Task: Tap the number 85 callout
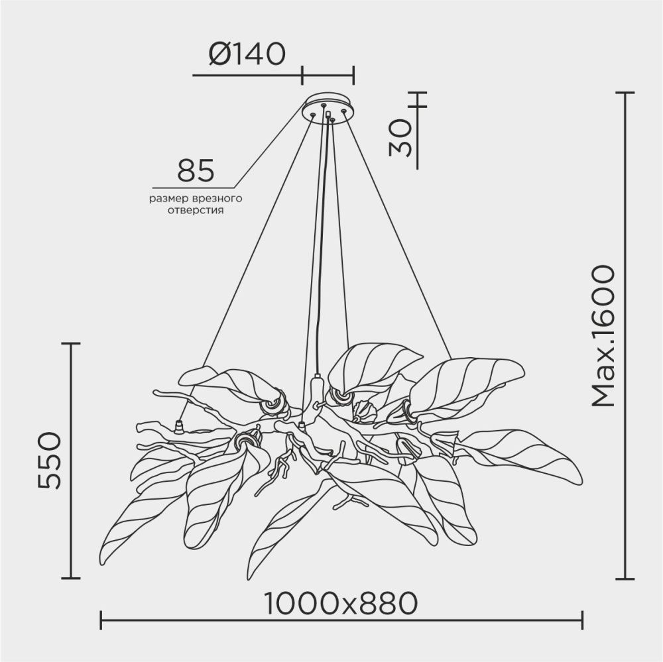tap(196, 170)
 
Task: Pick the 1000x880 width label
tap(341, 603)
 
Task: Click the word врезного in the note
tap(215, 198)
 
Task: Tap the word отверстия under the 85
tap(195, 210)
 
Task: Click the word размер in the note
tap(168, 198)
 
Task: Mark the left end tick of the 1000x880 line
tap(100, 620)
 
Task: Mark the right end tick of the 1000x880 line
tap(583, 620)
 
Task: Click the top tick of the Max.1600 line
tap(625, 93)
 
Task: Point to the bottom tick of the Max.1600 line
tap(625, 578)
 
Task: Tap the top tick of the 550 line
tap(70, 343)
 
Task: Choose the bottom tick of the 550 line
tap(70, 578)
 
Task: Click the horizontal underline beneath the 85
tap(192, 187)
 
